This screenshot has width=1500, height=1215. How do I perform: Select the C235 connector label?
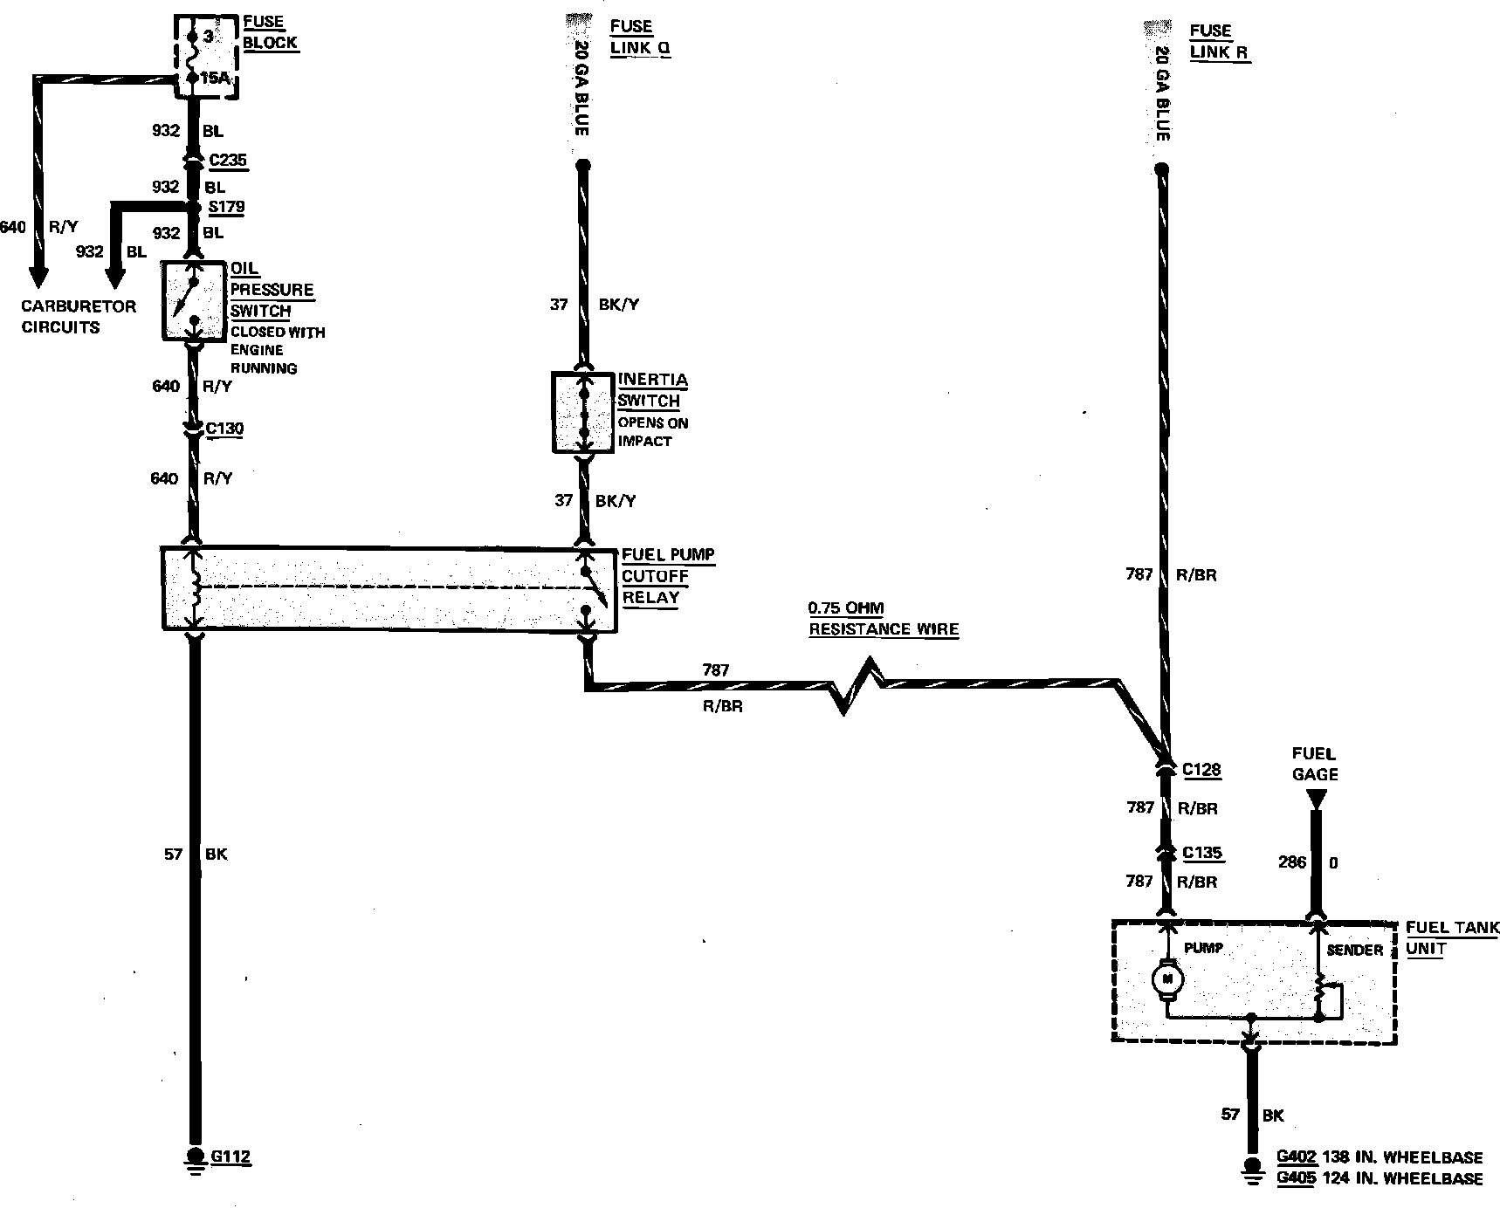coord(228,160)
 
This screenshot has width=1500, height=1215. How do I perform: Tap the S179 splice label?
coord(227,207)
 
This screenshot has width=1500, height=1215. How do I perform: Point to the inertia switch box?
coord(582,412)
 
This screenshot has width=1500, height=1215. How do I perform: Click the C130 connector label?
coord(224,429)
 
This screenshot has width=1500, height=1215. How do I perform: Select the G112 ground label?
coord(231,1157)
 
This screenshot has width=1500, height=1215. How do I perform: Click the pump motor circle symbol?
coord(1166,979)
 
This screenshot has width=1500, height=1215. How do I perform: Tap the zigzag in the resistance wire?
coord(857,686)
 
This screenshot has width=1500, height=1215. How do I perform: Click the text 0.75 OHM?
coord(845,608)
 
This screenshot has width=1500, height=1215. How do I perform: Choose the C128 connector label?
coord(1201,770)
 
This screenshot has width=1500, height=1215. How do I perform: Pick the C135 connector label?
coord(1202,853)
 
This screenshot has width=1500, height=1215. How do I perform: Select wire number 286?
coord(1292,862)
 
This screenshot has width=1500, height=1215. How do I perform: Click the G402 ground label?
coord(1297,1157)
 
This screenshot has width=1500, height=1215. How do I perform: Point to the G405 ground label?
coord(1297,1178)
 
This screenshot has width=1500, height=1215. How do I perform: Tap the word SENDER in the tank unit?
coord(1354,950)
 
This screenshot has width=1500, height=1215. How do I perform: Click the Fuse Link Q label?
coord(639,37)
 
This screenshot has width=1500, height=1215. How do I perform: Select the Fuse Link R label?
coord(1219,41)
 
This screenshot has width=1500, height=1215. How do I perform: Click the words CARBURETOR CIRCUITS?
coord(79,317)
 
